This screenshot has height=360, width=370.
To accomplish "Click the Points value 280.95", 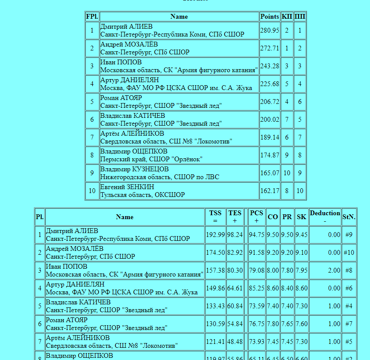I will [270, 30].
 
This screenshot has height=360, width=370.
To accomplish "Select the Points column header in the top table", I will [270, 17].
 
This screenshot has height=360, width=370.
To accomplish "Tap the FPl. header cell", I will [92, 17].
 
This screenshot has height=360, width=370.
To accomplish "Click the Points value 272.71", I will [270, 48].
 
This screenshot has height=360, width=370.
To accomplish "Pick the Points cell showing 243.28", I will [270, 66].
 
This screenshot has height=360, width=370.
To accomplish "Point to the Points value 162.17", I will [270, 191].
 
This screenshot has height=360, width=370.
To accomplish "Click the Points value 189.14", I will [270, 137].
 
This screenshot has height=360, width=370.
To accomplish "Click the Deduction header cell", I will [325, 217].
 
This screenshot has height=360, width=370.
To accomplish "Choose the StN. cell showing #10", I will [349, 253].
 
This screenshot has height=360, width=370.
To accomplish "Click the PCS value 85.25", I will [257, 288].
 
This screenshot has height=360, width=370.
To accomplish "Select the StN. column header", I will [349, 217].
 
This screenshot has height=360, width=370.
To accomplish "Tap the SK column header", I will [301, 217].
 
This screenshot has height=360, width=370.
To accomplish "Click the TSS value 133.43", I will [215, 306].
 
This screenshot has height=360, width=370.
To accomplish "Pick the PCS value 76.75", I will [257, 324].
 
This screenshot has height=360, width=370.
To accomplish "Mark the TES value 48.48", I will [235, 342].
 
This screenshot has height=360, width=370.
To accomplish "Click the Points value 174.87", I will [270, 155].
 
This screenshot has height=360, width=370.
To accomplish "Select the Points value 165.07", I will [270, 173].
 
